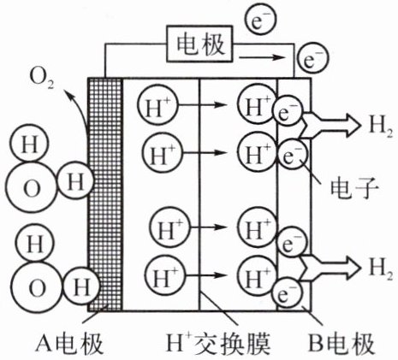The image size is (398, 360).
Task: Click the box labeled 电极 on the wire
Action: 199,44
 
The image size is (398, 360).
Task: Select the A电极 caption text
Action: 69,344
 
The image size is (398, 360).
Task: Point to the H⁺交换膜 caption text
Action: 217,343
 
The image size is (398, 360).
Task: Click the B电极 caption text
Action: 342,344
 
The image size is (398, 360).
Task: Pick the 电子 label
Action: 354,188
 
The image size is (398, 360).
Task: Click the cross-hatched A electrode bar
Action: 105,194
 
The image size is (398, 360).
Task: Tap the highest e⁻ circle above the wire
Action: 260,20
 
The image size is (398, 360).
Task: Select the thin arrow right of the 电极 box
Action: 262,57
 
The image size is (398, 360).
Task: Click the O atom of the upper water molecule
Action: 31,187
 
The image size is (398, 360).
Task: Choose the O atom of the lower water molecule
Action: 37,287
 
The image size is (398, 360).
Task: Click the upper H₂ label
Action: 380,126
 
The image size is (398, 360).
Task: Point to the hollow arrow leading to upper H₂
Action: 331,125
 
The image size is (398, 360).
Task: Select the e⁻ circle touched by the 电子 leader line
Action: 290,156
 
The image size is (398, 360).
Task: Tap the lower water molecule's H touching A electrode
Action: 81,286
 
